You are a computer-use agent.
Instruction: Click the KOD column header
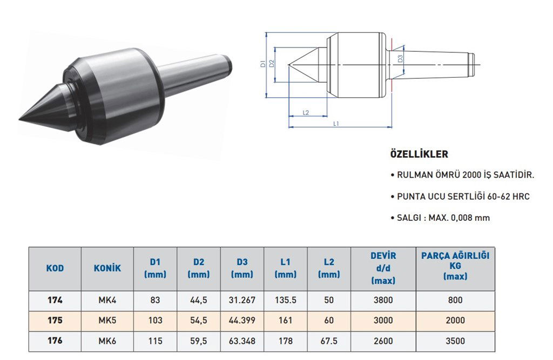tap(55, 268)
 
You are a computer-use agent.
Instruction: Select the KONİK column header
tap(107, 268)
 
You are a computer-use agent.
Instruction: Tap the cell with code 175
tap(55, 320)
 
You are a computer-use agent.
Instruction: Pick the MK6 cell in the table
tap(107, 341)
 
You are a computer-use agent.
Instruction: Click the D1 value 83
tap(155, 300)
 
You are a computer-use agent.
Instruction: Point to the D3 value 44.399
tap(242, 320)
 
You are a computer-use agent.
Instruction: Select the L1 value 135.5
tap(285, 300)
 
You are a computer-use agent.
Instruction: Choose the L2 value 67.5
tap(328, 341)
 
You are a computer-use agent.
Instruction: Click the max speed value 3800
tap(383, 300)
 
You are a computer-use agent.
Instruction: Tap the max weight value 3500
tap(455, 341)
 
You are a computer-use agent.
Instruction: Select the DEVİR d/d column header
tap(383, 268)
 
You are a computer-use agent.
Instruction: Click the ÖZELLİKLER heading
tap(419, 154)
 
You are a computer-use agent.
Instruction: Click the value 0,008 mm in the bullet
tap(471, 218)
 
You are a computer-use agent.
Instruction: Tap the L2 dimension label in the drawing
tap(306, 112)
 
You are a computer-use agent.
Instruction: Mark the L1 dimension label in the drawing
tap(336, 124)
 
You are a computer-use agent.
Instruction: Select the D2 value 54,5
tap(199, 320)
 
